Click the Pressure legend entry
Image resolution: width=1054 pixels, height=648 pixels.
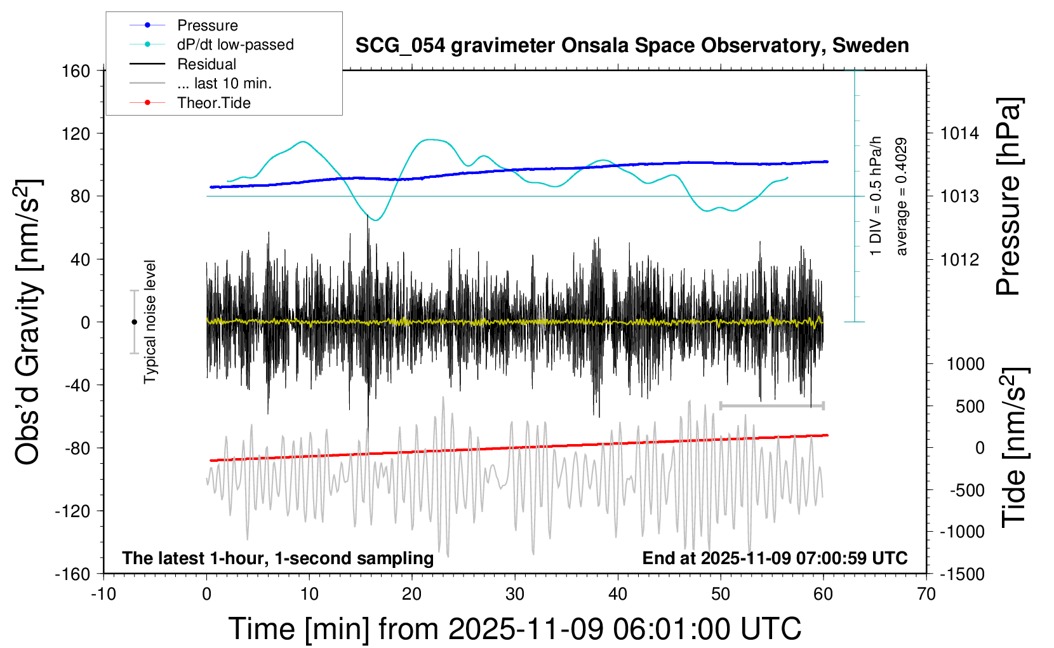pyautogui.click(x=207, y=25)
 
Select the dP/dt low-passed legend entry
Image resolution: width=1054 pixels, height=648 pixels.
pyautogui.click(x=235, y=44)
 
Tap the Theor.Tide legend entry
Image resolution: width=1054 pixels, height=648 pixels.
pyautogui.click(x=213, y=103)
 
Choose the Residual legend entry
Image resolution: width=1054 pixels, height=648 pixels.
pyautogui.click(x=206, y=64)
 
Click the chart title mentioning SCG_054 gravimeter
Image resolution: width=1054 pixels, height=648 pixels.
pyautogui.click(x=632, y=46)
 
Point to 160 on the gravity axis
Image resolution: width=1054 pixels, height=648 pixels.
pyautogui.click(x=76, y=71)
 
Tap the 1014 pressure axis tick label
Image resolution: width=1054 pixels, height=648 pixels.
pyautogui.click(x=959, y=133)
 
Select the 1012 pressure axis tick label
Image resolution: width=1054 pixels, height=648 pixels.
pyautogui.click(x=959, y=259)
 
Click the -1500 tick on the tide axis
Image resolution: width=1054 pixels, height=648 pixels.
pyautogui.click(x=962, y=574)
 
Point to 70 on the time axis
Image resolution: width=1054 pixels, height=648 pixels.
pyautogui.click(x=926, y=594)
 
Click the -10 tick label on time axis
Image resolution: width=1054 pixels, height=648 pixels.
pyautogui.click(x=103, y=594)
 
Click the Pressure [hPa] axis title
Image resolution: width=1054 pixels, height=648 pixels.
pyautogui.click(x=1008, y=196)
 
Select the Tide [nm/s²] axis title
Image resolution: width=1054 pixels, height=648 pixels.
pyautogui.click(x=1015, y=447)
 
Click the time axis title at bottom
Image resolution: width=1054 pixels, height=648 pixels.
pyautogui.click(x=514, y=629)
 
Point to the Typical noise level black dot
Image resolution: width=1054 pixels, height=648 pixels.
pyautogui.click(x=134, y=322)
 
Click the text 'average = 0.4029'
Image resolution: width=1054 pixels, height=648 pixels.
pyautogui.click(x=901, y=197)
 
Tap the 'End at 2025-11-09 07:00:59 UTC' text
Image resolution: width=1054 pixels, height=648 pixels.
pyautogui.click(x=775, y=558)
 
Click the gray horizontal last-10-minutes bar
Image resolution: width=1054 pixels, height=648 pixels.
pyautogui.click(x=771, y=405)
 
